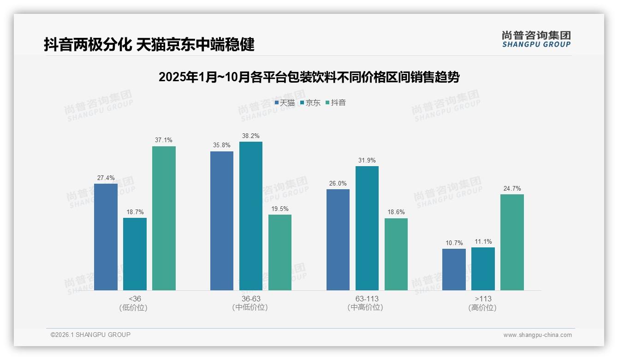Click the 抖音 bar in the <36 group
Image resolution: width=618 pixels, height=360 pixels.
pyautogui.click(x=164, y=218)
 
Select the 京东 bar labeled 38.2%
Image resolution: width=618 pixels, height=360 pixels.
pyautogui.click(x=250, y=216)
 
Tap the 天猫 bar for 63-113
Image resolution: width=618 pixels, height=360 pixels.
pyautogui.click(x=338, y=240)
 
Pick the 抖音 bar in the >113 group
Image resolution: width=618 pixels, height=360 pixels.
pyautogui.click(x=512, y=242)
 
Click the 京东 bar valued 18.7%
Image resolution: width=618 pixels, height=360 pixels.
pyautogui.click(x=135, y=254)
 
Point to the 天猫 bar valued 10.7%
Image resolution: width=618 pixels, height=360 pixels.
pyautogui.click(x=454, y=270)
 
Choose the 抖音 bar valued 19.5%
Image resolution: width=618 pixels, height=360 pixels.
pyautogui.click(x=280, y=252)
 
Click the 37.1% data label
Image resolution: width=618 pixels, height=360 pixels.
pyautogui.click(x=164, y=140)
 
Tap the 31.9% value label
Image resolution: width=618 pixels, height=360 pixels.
pyautogui.click(x=367, y=160)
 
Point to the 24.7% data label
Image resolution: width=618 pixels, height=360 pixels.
pyautogui.click(x=512, y=188)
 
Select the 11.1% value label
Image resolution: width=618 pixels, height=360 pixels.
pyautogui.click(x=483, y=241)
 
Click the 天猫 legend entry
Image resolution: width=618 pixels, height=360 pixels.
pyautogui.click(x=285, y=103)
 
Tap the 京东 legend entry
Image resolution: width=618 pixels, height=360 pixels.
pyautogui.click(x=310, y=103)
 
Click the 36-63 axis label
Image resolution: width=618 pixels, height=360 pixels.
pyautogui.click(x=250, y=299)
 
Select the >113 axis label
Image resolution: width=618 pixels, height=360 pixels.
pyautogui.click(x=483, y=299)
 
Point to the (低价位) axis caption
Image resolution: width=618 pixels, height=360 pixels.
pyautogui.click(x=133, y=307)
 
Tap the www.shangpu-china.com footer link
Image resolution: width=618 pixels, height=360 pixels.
pyautogui.click(x=537, y=335)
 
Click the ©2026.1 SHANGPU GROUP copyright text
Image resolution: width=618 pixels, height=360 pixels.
pyautogui.click(x=90, y=335)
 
